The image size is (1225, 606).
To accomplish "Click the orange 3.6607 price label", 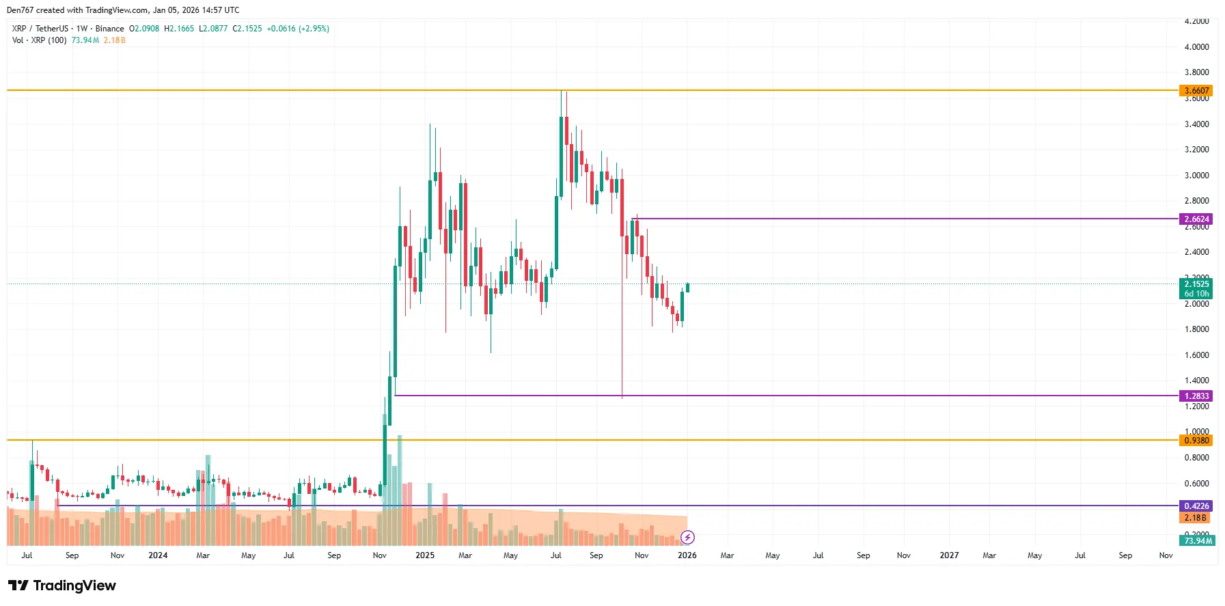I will coord(1196,91).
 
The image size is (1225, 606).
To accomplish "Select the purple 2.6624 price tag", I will coord(1196,219).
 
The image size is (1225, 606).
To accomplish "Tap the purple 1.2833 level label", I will coord(1196,396).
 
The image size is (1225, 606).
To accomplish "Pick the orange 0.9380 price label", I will coord(1196,441).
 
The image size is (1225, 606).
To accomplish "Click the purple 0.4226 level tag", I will coord(1196,506).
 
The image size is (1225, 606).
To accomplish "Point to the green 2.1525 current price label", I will coord(1196,284).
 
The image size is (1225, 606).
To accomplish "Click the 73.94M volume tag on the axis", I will coord(1197,541).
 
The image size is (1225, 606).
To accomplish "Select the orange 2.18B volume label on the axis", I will coord(1196,518).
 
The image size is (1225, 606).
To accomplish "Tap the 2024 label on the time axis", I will coord(158,555).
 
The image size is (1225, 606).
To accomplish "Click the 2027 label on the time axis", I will coord(949,555).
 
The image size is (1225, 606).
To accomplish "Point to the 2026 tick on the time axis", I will coord(687,555).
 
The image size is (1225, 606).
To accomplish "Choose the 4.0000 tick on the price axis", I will coord(1196,47).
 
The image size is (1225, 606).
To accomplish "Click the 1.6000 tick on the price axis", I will coord(1196,355).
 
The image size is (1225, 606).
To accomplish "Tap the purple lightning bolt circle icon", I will coord(687,538).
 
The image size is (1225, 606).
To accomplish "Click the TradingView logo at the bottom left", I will coord(62,586).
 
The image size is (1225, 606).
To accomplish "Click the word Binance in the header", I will coord(109,29).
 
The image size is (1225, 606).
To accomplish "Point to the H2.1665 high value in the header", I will coord(179,29).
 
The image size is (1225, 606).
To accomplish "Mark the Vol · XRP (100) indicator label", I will coord(40,40).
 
